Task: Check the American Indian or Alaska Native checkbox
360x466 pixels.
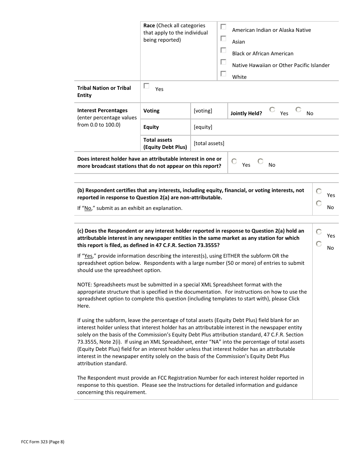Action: pyautogui.click(x=224, y=27)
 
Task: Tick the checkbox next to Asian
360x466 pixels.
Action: pyautogui.click(x=224, y=39)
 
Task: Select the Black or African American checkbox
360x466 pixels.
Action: pyautogui.click(x=224, y=50)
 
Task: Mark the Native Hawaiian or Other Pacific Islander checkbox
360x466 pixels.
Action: pyautogui.click(x=224, y=62)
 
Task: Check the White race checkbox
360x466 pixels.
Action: pyautogui.click(x=224, y=74)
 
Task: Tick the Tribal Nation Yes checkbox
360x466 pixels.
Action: pyautogui.click(x=147, y=86)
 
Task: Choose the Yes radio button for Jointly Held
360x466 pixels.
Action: pyautogui.click(x=272, y=110)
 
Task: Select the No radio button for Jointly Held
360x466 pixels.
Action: pyautogui.click(x=299, y=110)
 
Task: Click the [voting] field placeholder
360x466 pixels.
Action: pyautogui.click(x=203, y=111)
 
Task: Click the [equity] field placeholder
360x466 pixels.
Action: pyautogui.click(x=203, y=127)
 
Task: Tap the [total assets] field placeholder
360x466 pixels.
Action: pyautogui.click(x=209, y=143)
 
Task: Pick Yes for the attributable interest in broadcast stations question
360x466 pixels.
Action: pyautogui.click(x=234, y=161)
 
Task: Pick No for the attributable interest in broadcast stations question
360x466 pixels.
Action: pyautogui.click(x=261, y=161)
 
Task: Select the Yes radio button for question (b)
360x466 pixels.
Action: pyautogui.click(x=319, y=192)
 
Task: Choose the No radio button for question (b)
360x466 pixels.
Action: pyautogui.click(x=319, y=204)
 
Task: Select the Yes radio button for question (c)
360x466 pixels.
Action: pyautogui.click(x=319, y=232)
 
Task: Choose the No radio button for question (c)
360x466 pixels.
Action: pyautogui.click(x=319, y=244)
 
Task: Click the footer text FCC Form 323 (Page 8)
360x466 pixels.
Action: pyautogui.click(x=43, y=441)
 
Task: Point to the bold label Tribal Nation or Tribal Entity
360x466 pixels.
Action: pyautogui.click(x=104, y=92)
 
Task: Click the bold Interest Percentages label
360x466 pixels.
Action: pyautogui.click(x=102, y=111)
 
